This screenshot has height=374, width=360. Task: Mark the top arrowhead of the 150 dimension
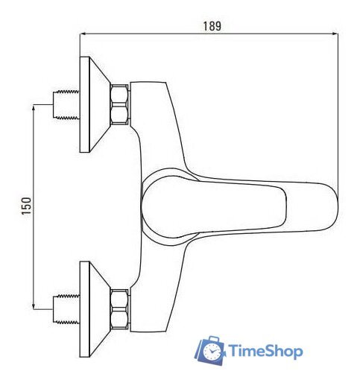click(35, 109)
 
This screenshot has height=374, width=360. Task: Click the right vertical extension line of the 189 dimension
click(338, 112)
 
